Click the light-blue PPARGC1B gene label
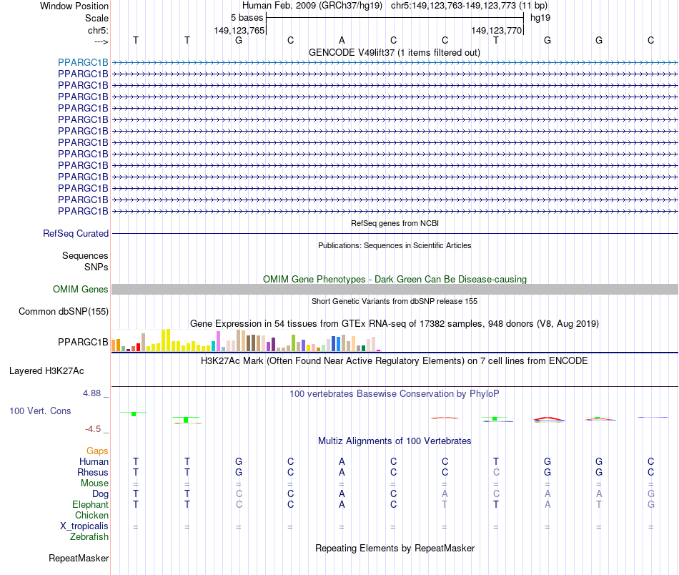[83, 62]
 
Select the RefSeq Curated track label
[76, 233]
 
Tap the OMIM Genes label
[81, 290]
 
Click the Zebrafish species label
[89, 536]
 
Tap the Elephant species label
[90, 504]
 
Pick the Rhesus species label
[93, 472]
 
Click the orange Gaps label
[97, 451]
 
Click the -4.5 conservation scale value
[93, 429]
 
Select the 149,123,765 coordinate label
[239, 31]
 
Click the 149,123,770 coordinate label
[497, 31]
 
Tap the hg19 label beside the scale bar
[540, 17]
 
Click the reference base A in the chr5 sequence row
[342, 40]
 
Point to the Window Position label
[74, 6]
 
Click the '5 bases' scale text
[247, 17]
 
